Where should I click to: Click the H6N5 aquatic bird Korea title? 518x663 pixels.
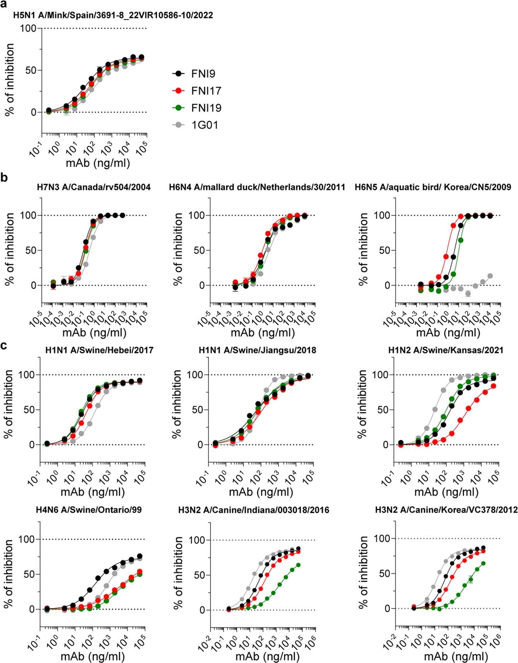click(x=433, y=187)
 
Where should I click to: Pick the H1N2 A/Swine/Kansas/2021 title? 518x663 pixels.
click(x=446, y=350)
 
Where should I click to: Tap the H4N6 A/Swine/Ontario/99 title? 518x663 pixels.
click(x=89, y=510)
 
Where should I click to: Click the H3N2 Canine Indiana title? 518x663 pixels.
click(x=253, y=510)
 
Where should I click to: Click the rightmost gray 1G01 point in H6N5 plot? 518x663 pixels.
click(x=490, y=276)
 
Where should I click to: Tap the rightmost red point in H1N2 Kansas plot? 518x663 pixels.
click(x=494, y=386)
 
